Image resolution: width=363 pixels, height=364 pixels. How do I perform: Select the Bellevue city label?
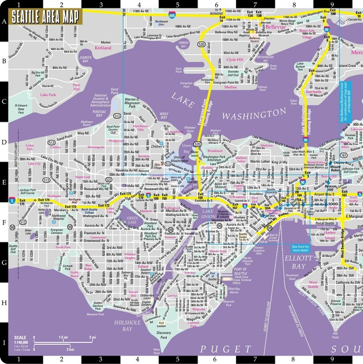259,26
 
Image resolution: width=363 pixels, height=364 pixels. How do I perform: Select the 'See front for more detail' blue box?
299,248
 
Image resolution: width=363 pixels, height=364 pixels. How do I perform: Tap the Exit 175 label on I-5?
22,202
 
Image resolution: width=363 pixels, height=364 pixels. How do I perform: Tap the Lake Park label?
47,94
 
